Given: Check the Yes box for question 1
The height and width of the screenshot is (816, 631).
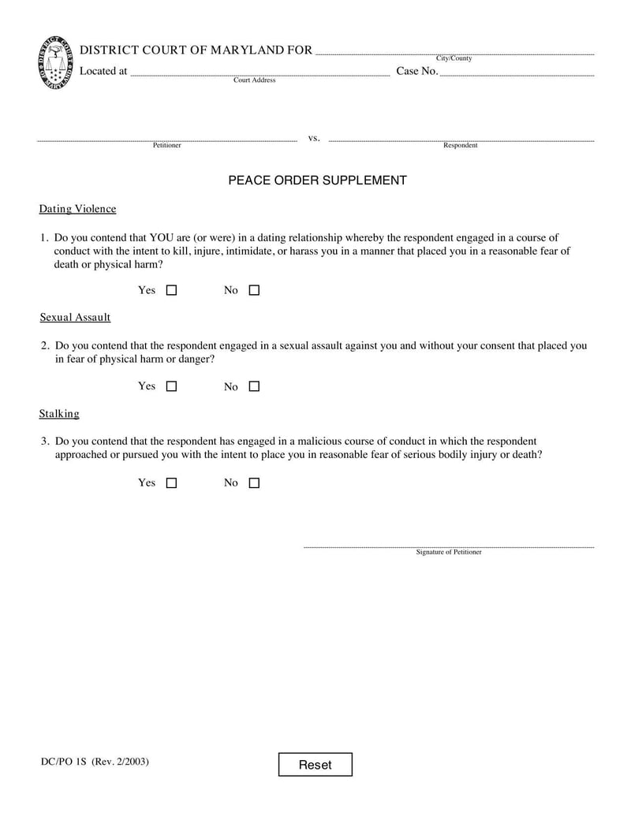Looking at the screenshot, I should click(171, 290).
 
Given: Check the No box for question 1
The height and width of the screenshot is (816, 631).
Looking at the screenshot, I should click(254, 290).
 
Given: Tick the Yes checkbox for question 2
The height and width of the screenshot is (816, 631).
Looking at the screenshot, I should click(171, 386).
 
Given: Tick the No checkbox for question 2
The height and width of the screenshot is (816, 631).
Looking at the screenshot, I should click(254, 386).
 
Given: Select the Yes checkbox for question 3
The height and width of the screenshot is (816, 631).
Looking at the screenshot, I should click(171, 483).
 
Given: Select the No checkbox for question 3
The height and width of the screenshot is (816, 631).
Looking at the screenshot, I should click(254, 483).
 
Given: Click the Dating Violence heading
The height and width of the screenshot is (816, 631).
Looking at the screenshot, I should click(77, 209).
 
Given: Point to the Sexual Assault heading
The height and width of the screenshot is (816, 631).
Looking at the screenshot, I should click(75, 317).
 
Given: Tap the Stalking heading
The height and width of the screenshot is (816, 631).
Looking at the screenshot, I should click(59, 413).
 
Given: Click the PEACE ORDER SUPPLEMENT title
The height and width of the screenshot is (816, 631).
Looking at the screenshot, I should click(317, 181).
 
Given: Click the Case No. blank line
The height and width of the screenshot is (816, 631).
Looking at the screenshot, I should click(516, 73).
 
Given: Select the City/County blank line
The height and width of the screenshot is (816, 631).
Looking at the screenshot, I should click(454, 52).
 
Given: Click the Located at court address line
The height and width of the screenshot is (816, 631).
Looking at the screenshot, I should click(259, 73).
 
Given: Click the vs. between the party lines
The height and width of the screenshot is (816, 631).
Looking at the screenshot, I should click(313, 138).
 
